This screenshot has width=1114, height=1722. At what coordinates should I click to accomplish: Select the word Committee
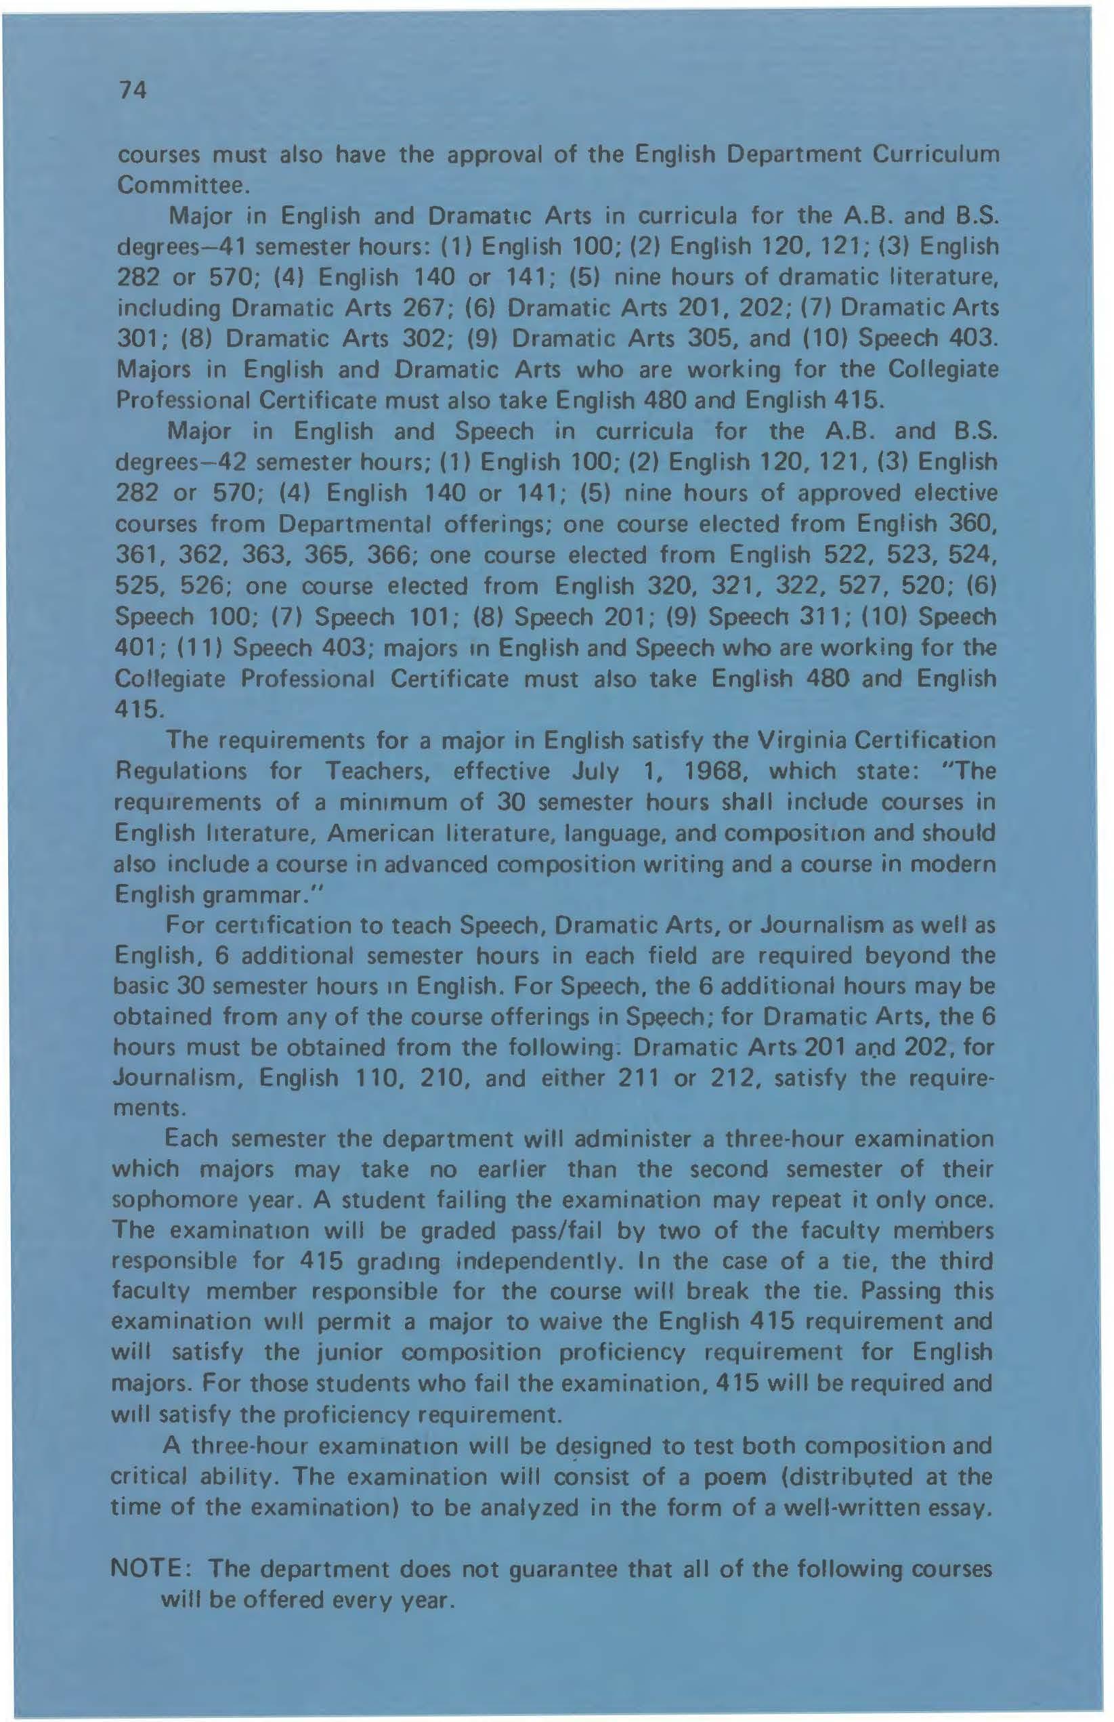183,186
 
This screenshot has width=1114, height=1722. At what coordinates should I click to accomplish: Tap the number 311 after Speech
808,616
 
